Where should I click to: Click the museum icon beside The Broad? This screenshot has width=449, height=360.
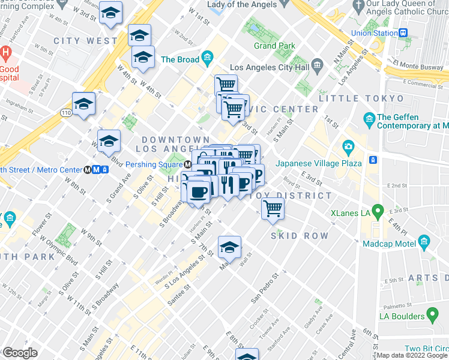[x=208, y=59]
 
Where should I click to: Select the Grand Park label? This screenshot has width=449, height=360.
[x=274, y=46]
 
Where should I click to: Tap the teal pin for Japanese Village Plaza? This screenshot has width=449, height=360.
[x=348, y=146]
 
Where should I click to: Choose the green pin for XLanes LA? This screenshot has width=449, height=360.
[x=378, y=211]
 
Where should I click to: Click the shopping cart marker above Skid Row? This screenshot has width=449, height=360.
[x=273, y=209]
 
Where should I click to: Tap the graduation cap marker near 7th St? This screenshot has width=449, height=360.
[x=229, y=247]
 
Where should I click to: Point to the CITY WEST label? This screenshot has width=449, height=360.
[x=85, y=41]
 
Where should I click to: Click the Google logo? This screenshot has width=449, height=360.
[x=20, y=353]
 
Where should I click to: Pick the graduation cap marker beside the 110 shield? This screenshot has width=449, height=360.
[x=83, y=103]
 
